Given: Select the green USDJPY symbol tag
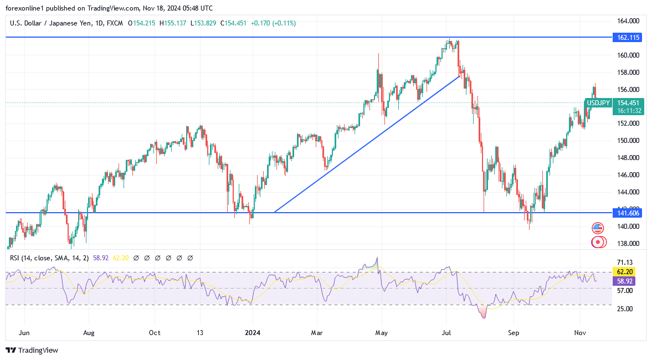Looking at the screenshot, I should pos(599,103).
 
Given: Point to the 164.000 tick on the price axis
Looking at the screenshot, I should pos(629,21).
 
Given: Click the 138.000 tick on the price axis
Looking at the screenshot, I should pos(629,244).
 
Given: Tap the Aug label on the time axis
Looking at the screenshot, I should pos(89,333).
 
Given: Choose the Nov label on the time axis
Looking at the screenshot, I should pos(580,333).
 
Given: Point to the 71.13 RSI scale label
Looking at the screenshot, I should pos(625,263).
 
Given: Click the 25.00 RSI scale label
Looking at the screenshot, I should pos(625,309).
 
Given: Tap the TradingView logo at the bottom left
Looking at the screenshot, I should pos(32,350).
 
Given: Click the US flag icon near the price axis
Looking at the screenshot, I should pos(597,228).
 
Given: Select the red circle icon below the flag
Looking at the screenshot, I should pos(597,242).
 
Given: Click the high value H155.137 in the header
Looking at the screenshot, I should pos(173,23).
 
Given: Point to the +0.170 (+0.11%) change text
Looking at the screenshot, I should pos(273,23).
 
